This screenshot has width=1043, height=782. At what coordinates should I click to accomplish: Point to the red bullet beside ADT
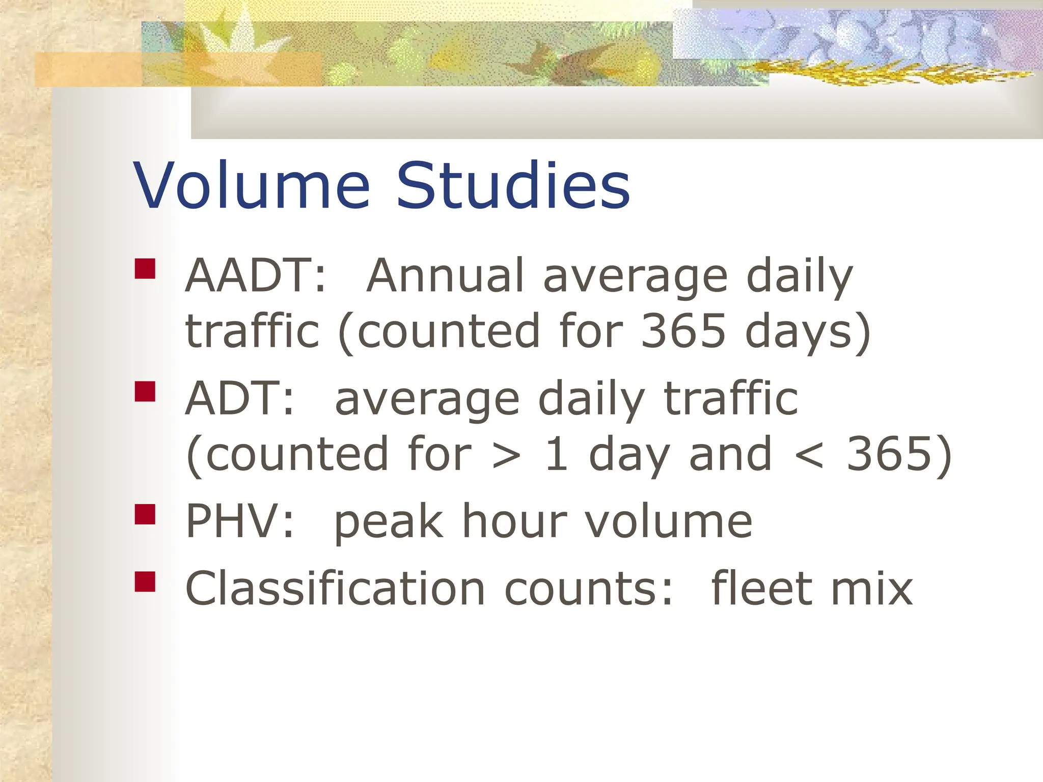[x=145, y=392]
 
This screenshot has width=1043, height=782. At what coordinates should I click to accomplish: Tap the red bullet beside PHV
[x=145, y=514]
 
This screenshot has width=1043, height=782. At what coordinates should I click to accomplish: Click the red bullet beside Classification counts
[x=145, y=581]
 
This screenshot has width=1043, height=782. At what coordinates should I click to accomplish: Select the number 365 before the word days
[x=683, y=331]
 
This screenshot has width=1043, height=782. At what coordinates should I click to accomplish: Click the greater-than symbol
[x=507, y=455]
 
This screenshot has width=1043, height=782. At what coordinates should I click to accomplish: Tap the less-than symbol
[x=809, y=455]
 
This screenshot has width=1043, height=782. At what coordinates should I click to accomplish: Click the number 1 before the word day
[x=556, y=455]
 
